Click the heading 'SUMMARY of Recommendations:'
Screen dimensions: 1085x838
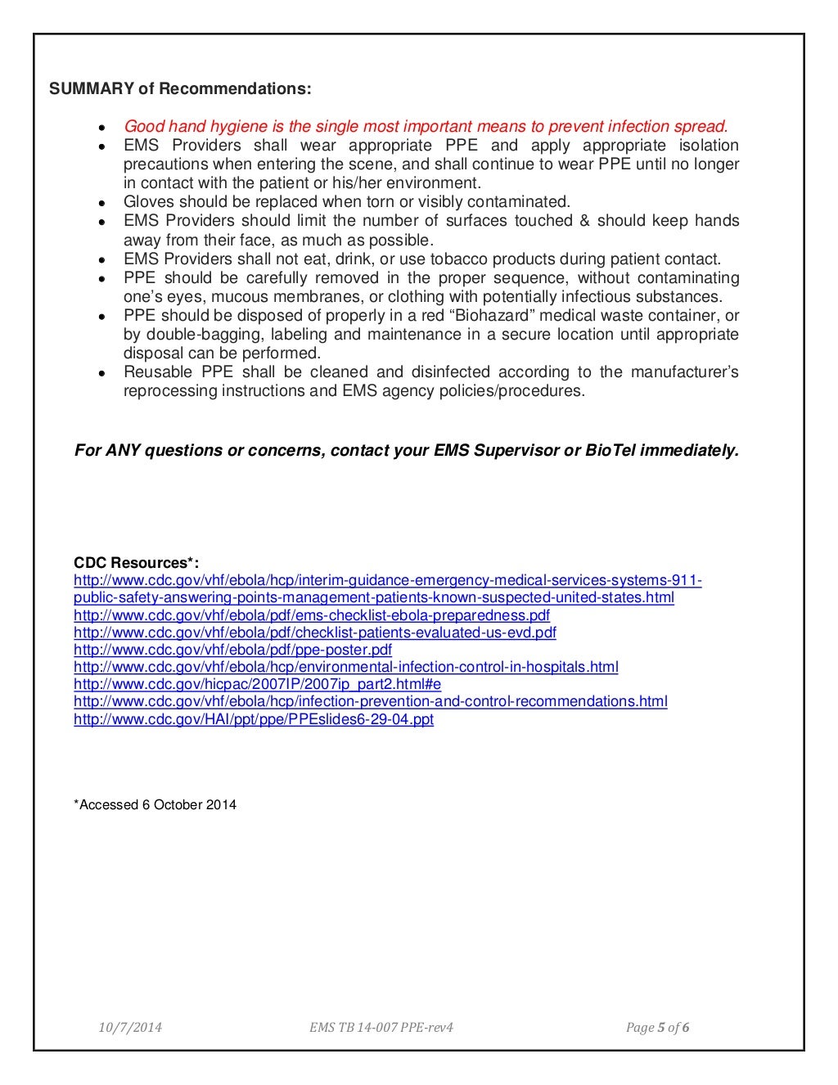180,88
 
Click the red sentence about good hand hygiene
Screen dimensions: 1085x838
425,126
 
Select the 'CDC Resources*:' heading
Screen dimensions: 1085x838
137,563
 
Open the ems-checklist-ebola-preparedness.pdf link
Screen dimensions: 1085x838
311,615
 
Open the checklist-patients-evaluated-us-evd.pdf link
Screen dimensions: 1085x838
314,633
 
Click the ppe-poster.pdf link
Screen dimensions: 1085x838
232,650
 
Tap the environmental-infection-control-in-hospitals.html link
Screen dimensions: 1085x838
345,667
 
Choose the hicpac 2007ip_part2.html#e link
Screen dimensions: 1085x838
257,684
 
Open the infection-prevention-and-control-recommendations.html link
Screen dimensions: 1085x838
370,701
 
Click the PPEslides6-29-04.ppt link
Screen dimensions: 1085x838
253,719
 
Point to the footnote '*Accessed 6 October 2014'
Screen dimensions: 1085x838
155,804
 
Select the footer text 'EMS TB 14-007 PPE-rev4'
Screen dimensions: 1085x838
376,1028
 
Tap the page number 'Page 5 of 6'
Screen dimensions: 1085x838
657,1028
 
